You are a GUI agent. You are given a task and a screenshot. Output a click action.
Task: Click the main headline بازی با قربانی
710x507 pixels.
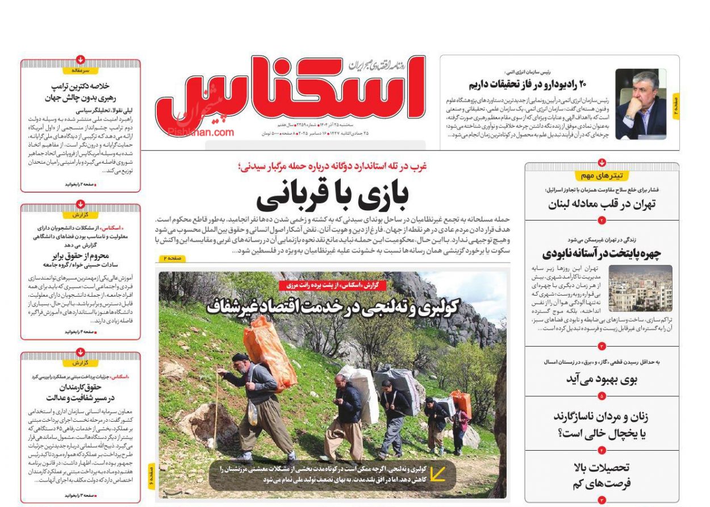click(x=332, y=197)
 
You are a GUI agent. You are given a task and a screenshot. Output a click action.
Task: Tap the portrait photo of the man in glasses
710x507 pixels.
click(x=641, y=104)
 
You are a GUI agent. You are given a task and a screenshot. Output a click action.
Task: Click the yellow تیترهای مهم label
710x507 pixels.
click(x=601, y=176)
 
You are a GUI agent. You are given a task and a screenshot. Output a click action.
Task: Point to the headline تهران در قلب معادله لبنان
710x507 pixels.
click(x=602, y=205)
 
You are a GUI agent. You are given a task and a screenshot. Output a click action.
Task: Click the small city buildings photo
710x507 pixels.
click(x=640, y=288)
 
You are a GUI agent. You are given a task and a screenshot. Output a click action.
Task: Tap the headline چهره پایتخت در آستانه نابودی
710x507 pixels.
click(x=602, y=253)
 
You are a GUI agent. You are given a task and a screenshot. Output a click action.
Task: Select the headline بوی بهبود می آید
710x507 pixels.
click(x=602, y=379)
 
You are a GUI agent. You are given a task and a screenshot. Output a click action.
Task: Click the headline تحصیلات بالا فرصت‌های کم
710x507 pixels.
click(x=602, y=476)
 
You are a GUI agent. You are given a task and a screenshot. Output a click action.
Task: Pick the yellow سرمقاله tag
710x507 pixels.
click(x=80, y=70)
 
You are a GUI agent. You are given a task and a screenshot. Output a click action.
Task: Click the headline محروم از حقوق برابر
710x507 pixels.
click(x=80, y=256)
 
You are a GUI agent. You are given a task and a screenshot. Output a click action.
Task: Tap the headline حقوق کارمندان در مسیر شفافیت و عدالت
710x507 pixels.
click(x=80, y=392)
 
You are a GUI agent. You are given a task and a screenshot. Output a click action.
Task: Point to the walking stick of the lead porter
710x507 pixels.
click(x=216, y=409)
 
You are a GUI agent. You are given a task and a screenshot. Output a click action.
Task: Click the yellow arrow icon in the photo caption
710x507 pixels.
click(x=437, y=473)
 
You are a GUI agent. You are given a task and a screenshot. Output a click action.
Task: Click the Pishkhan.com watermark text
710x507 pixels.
click(x=201, y=132)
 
